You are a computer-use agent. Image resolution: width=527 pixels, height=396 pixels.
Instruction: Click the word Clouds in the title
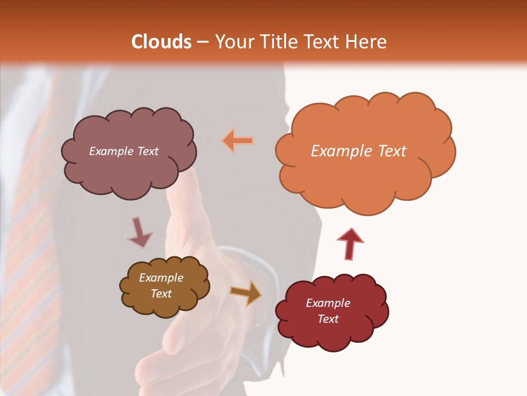tap(161, 42)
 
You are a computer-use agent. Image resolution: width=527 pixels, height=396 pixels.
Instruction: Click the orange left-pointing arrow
tap(238, 141)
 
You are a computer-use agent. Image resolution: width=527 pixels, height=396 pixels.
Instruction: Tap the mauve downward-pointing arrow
tap(139, 233)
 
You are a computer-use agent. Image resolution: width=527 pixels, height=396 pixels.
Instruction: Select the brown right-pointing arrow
tap(246, 293)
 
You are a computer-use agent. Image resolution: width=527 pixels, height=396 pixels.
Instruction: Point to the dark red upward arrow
tap(350, 244)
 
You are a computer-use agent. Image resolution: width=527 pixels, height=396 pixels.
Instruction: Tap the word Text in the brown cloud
tap(161, 294)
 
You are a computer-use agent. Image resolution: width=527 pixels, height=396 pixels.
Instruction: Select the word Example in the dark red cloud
tap(328, 303)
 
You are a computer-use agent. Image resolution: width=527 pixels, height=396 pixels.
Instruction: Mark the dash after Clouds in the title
tap(202, 42)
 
